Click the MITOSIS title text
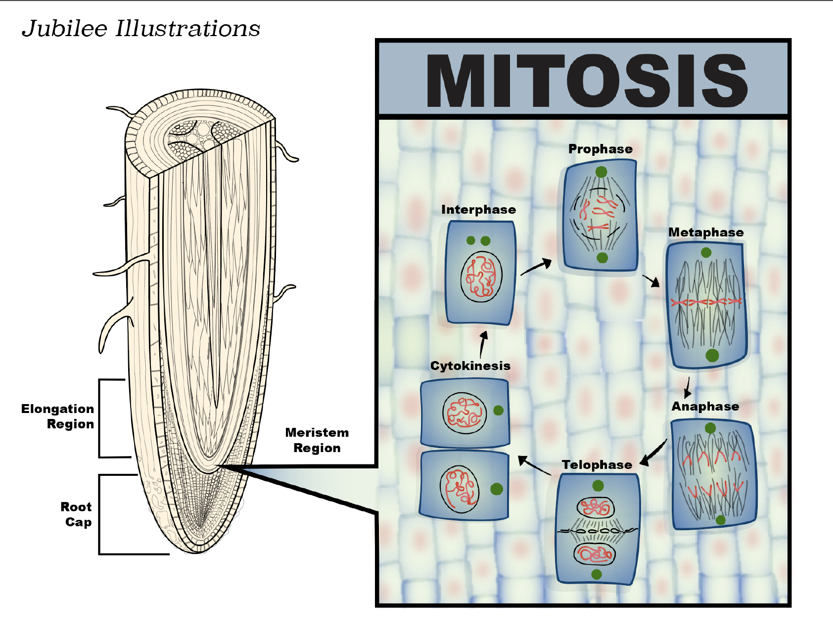click(x=587, y=80)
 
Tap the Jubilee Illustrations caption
click(x=141, y=29)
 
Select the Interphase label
click(x=478, y=210)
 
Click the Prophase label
click(x=600, y=149)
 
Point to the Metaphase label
click(x=706, y=232)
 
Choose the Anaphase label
click(x=705, y=407)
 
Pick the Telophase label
click(x=597, y=465)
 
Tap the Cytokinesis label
click(x=470, y=366)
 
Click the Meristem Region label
click(x=317, y=440)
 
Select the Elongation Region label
click(x=58, y=416)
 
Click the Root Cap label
click(x=77, y=514)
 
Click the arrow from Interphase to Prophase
click(x=536, y=267)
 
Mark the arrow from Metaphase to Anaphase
click(x=688, y=388)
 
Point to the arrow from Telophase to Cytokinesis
click(x=534, y=466)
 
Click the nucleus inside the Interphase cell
click(x=481, y=277)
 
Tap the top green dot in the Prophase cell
click(x=601, y=172)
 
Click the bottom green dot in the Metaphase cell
click(x=712, y=355)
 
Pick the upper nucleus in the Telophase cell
click(x=596, y=507)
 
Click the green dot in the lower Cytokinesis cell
click(x=497, y=489)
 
